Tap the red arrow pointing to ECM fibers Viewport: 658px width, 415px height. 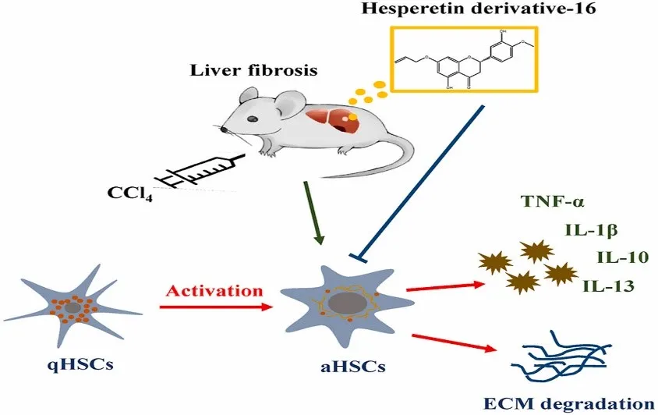tap(453, 346)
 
